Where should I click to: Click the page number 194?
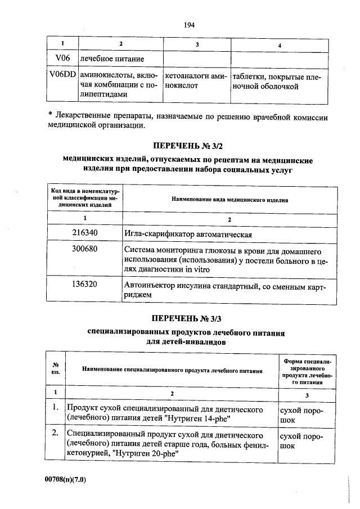(189, 25)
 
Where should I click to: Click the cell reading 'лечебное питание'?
(112, 58)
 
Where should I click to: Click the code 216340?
(85, 234)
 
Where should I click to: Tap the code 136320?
(85, 285)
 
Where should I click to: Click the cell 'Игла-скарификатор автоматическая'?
(187, 235)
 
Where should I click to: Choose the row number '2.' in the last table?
(55, 434)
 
